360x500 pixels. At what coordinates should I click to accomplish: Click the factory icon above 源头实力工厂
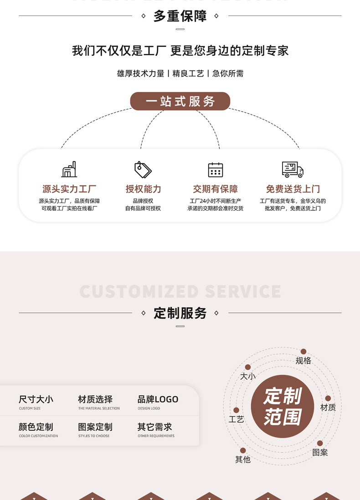point(69,169)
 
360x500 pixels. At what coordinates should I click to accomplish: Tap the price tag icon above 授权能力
point(143,169)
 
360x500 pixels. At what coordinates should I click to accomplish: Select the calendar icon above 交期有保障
point(215,169)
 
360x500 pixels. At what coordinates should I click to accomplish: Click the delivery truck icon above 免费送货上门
point(292,169)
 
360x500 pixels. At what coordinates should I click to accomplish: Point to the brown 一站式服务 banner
point(180,101)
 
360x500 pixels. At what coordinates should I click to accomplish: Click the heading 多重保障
point(180,16)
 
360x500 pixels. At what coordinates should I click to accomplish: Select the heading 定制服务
point(180,313)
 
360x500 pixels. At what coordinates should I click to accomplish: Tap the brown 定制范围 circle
point(283,406)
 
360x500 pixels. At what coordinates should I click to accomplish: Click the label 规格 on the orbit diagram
point(303,361)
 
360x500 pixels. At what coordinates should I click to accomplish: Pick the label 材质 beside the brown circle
point(328,408)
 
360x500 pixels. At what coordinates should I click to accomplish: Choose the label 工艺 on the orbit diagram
point(236,419)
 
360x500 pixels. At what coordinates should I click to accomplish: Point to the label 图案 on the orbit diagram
point(320,452)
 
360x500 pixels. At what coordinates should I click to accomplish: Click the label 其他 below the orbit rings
point(243,459)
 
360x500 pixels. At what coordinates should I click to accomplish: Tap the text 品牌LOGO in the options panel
point(158,399)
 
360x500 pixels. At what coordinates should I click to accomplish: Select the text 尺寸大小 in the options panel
point(36,399)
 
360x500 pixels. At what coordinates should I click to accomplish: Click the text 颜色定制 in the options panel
point(36,427)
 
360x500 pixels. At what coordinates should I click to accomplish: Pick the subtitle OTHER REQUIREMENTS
point(156,436)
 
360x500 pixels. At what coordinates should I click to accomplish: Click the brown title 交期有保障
point(215,189)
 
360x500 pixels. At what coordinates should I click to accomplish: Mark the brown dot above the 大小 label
point(248,367)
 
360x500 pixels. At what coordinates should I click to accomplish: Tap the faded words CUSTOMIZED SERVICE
point(180,291)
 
